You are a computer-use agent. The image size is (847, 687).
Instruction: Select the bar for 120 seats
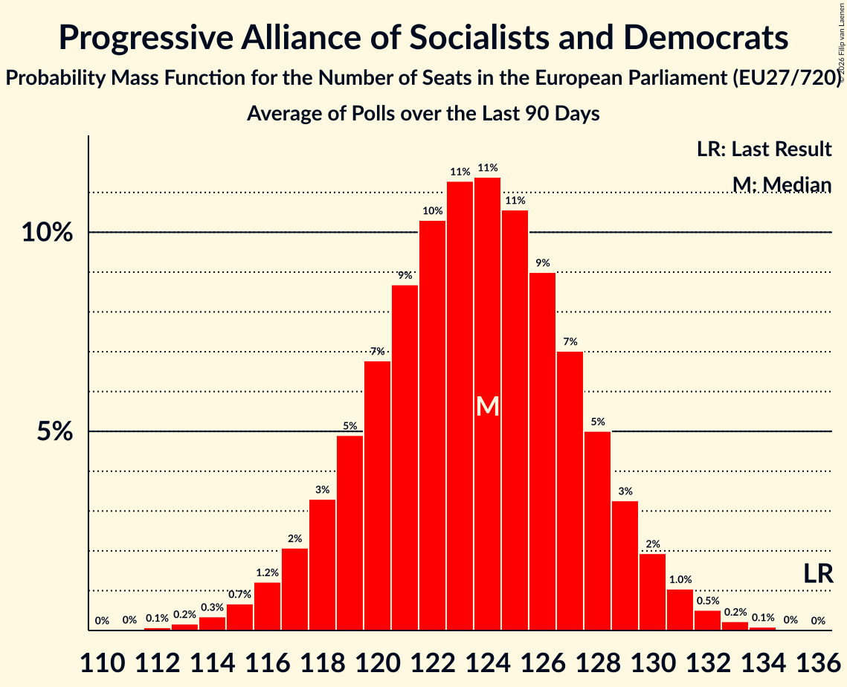click(x=377, y=495)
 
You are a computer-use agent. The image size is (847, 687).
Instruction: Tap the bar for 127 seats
click(x=570, y=491)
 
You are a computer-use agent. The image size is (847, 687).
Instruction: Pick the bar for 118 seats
click(x=322, y=564)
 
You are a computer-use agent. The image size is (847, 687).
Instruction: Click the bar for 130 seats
click(x=652, y=592)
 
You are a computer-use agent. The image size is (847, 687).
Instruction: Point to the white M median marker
click(x=487, y=406)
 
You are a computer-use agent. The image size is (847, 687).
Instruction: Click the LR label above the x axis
click(x=817, y=573)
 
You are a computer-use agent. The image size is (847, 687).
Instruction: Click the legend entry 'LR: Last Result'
click(x=764, y=149)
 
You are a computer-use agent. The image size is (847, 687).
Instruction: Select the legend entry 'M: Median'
click(x=781, y=184)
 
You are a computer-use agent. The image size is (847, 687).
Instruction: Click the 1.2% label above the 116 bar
click(x=267, y=572)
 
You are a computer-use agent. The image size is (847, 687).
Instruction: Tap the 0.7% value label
click(x=239, y=595)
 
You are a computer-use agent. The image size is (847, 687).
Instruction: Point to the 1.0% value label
click(x=680, y=580)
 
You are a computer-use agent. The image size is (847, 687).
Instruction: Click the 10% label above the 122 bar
click(x=432, y=211)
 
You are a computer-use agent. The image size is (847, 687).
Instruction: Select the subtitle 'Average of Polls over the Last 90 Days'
click(x=423, y=114)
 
